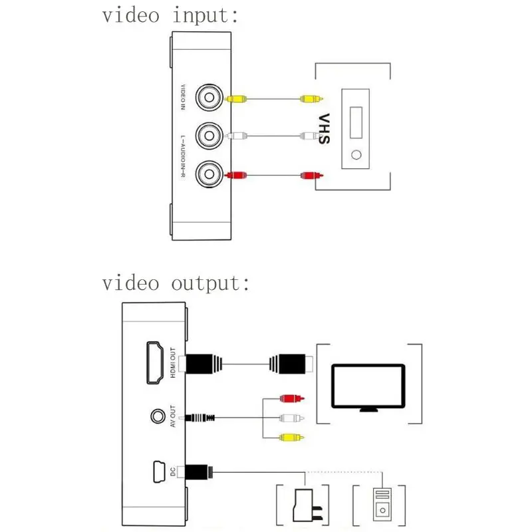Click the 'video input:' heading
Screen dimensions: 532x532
[x=170, y=15]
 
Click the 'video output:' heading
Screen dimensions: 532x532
[x=176, y=283]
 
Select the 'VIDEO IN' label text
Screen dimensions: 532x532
[x=185, y=100]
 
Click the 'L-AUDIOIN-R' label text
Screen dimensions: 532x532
[x=185, y=157]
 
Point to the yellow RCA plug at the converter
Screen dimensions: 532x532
[x=236, y=99]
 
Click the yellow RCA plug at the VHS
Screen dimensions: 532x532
[x=311, y=99]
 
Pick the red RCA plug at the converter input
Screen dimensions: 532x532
[x=236, y=176]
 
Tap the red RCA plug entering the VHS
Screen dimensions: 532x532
[x=311, y=176]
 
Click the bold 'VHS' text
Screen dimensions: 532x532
[x=324, y=130]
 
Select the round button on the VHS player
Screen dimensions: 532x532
[x=358, y=156]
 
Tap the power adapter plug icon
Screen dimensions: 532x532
[x=305, y=503]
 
